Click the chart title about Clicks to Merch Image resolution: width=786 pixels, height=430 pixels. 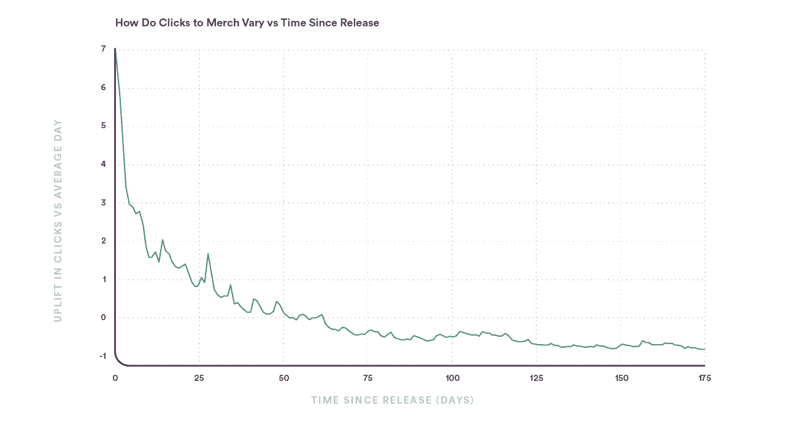[x=247, y=23]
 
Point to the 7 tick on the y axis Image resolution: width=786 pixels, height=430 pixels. [x=103, y=49]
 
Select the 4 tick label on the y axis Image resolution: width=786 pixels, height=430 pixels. [x=103, y=164]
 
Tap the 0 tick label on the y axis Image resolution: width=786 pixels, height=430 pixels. [x=103, y=318]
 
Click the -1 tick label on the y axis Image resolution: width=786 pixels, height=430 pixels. [x=102, y=356]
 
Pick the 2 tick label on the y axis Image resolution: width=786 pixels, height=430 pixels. [x=103, y=241]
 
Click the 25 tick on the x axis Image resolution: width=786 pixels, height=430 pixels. [x=199, y=378]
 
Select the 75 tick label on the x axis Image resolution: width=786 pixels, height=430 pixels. [x=368, y=378]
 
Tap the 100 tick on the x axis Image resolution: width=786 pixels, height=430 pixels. [x=452, y=378]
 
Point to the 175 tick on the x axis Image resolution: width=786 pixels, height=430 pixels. [x=704, y=378]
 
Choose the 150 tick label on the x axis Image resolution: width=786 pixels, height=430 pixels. [x=620, y=378]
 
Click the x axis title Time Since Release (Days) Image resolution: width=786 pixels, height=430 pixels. [x=392, y=401]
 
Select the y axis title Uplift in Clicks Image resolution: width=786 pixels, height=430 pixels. [x=58, y=220]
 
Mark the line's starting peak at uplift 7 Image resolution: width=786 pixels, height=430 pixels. [x=115, y=50]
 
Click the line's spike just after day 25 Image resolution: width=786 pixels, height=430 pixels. [x=208, y=253]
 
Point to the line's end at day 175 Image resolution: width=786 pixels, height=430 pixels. [x=704, y=349]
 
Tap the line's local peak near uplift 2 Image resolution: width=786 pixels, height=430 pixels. [x=163, y=240]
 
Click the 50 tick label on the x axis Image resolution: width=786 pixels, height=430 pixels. [x=283, y=378]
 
